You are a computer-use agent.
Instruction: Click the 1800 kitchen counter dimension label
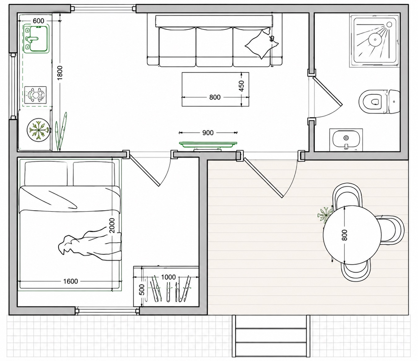(60, 73)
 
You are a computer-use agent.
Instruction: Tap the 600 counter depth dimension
(38, 21)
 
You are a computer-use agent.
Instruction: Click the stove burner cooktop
(35, 95)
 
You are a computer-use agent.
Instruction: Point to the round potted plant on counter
(38, 130)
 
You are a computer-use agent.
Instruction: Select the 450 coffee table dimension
(241, 86)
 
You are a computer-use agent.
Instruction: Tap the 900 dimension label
(208, 133)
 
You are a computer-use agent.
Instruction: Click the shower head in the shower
(389, 25)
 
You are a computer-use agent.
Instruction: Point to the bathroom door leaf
(327, 91)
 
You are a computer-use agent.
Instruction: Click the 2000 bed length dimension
(112, 225)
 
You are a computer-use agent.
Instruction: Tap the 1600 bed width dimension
(70, 281)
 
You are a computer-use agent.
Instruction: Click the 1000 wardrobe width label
(168, 277)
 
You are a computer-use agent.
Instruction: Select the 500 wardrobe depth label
(142, 290)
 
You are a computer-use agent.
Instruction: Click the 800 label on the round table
(344, 235)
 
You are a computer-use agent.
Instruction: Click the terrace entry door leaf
(263, 178)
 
